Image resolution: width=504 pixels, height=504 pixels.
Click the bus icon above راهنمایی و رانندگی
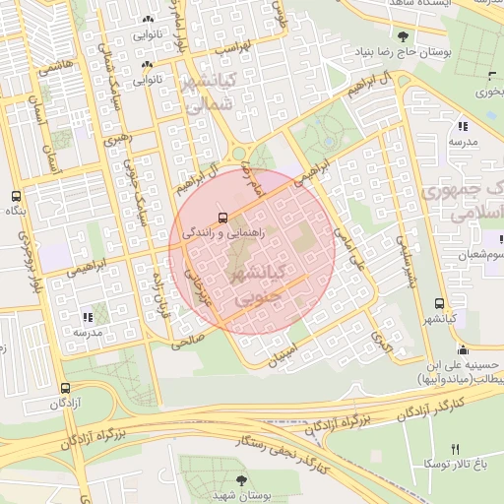click(221, 217)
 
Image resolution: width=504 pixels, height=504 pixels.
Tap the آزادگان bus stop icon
click(65, 389)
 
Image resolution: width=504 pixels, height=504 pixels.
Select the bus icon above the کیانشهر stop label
click(438, 304)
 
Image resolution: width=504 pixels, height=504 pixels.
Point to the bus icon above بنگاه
click(15, 197)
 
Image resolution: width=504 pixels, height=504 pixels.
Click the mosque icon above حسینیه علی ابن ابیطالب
click(463, 349)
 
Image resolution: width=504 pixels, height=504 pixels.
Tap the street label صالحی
click(187, 342)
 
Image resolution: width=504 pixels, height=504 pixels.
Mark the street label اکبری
click(381, 341)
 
